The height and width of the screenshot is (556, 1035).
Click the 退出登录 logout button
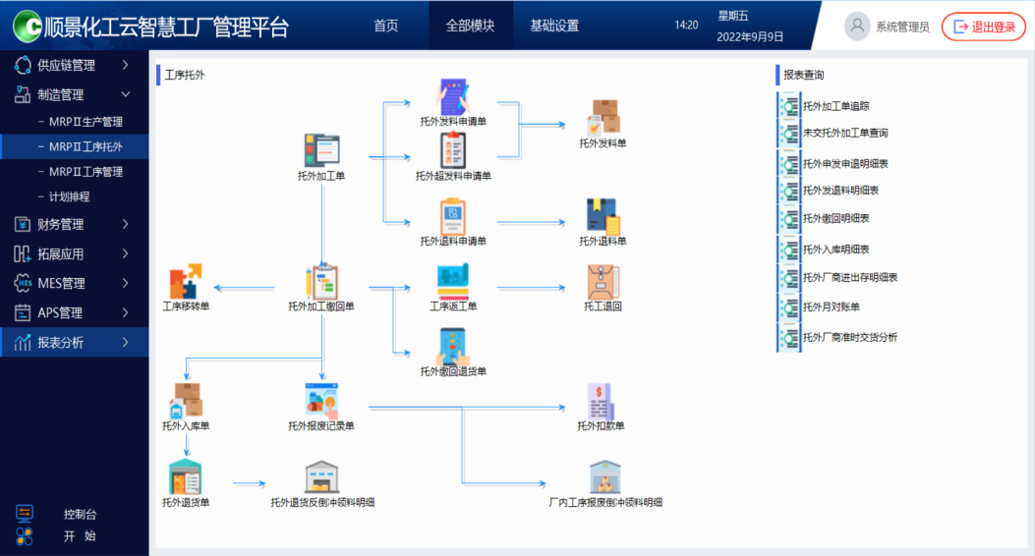984,27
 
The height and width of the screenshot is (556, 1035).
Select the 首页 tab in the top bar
386,26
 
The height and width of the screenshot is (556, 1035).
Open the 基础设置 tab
554,26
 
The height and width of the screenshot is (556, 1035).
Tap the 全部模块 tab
470,26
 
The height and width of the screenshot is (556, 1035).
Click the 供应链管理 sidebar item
67,66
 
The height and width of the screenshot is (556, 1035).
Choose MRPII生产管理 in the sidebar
86,122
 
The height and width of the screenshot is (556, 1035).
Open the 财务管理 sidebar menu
61,224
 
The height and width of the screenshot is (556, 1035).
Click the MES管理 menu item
61,283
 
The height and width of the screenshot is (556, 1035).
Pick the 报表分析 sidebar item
61,343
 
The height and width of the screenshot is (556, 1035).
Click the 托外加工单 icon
321,151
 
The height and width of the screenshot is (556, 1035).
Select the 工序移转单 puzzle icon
185,282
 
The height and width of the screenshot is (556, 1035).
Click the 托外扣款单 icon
601,401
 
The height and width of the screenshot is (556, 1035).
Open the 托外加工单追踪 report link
835,106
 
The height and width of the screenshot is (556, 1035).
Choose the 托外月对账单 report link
831,307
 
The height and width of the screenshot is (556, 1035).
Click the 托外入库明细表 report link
835,250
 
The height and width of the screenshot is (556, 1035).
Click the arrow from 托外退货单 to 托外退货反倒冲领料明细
250,483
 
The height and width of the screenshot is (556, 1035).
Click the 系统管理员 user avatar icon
857,27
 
